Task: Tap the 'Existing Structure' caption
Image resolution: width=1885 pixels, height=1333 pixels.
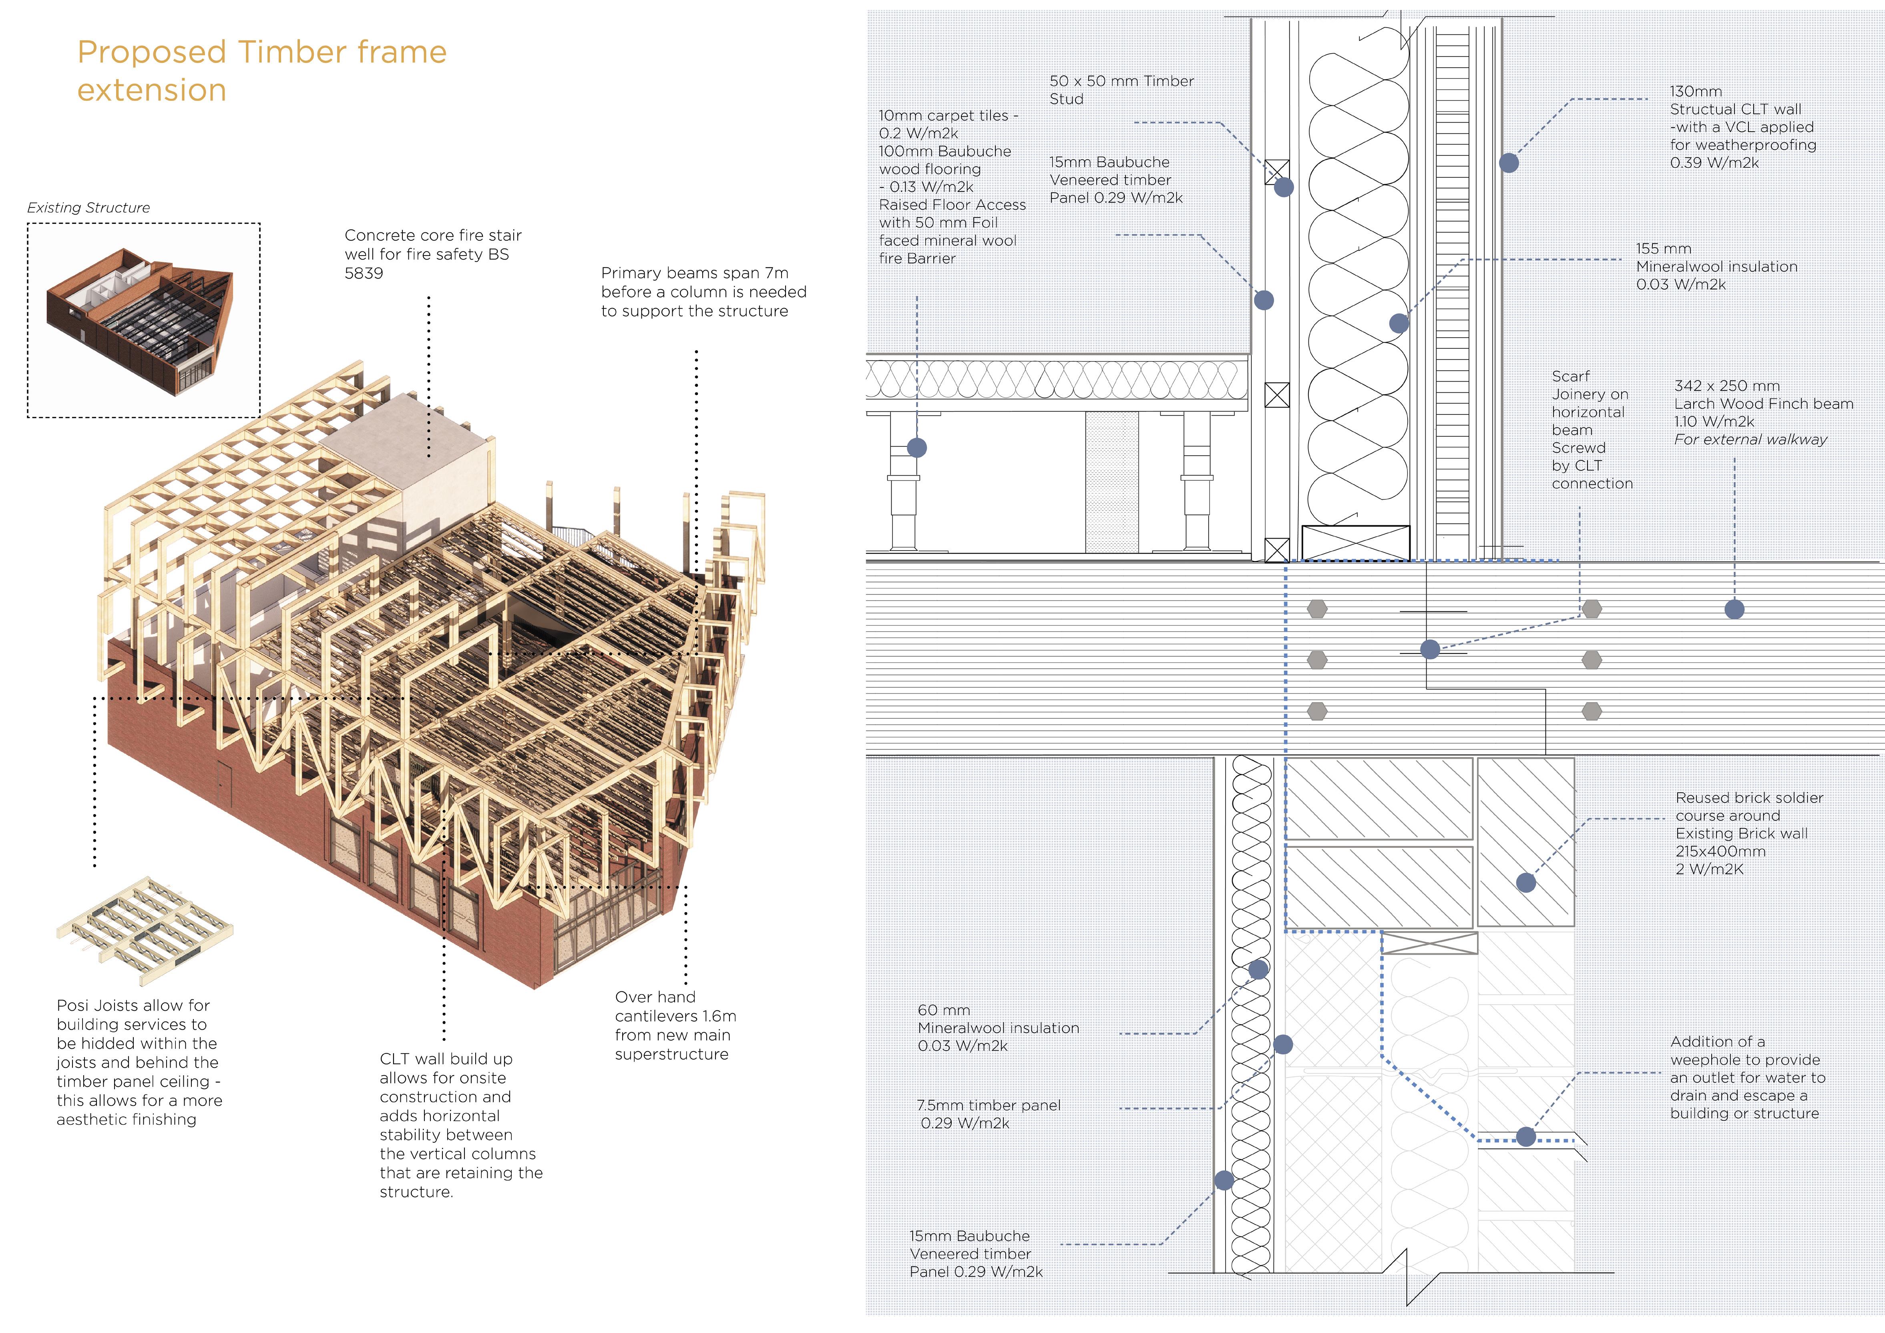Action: click(x=88, y=208)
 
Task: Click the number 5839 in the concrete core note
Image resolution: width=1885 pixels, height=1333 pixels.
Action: click(x=364, y=273)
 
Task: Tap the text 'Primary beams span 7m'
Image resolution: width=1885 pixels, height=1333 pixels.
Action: click(x=695, y=273)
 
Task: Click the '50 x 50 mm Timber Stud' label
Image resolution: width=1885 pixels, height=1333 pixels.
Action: click(x=1121, y=90)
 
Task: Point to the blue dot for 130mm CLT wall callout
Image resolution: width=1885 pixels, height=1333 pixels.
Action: click(x=1509, y=163)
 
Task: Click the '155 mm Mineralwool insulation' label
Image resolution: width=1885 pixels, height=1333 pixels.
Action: click(x=1716, y=266)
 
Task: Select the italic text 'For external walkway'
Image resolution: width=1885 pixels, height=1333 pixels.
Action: click(x=1750, y=439)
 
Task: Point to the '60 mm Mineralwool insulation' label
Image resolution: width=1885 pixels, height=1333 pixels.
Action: click(x=997, y=1027)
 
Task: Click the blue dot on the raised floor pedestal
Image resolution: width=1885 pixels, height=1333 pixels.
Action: click(x=917, y=448)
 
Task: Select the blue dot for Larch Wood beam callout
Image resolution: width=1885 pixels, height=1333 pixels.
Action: click(x=1734, y=609)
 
